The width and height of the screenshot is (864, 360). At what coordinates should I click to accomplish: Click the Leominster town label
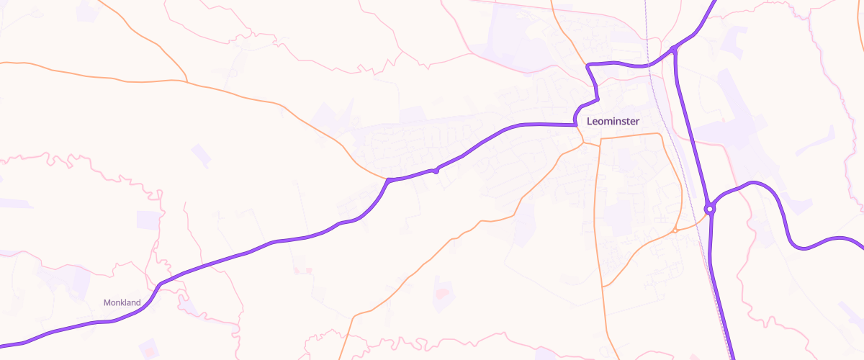(x=613, y=121)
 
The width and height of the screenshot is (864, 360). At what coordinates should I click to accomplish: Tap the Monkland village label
(x=122, y=302)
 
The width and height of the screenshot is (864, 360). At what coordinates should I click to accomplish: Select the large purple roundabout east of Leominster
(x=710, y=210)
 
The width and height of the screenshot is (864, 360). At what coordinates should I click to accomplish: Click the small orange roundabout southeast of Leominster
(x=675, y=230)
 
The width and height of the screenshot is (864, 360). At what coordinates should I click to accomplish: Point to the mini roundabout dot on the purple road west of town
(x=436, y=171)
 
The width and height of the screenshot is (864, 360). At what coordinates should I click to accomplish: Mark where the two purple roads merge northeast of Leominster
(x=673, y=49)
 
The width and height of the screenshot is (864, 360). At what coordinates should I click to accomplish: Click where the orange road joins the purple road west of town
(x=388, y=179)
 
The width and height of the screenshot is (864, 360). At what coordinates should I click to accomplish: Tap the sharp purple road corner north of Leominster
(x=589, y=66)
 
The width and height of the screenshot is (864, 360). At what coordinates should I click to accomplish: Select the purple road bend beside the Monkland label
(x=157, y=287)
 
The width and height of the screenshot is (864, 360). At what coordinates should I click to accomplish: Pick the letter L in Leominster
(x=590, y=121)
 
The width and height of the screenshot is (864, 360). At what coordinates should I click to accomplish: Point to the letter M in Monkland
(x=107, y=302)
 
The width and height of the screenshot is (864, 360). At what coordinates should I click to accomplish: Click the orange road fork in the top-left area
(x=186, y=81)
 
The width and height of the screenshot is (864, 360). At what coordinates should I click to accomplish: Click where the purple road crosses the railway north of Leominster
(x=651, y=65)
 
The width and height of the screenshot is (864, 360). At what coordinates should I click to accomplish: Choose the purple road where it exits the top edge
(x=714, y=2)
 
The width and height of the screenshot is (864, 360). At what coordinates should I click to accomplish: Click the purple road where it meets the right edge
(x=861, y=242)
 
